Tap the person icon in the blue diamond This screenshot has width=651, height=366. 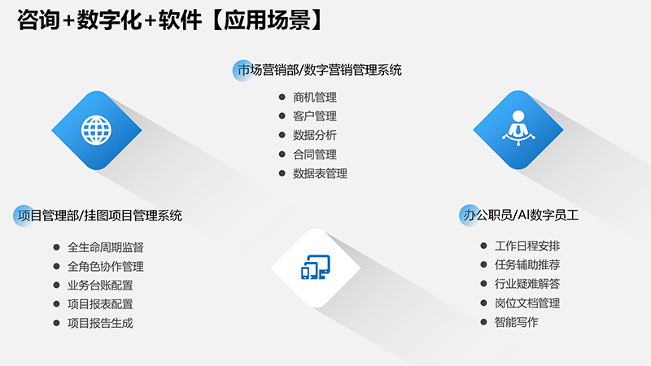tap(518, 128)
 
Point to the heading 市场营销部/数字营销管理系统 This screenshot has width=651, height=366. tap(318, 71)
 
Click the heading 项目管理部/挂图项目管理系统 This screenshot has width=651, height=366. tap(98, 216)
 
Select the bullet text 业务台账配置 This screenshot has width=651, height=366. tap(100, 285)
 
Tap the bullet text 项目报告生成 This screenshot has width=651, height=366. tap(100, 323)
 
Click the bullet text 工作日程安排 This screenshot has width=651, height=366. tap(527, 246)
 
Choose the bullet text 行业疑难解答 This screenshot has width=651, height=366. tap(527, 284)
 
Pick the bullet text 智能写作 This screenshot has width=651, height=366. tap(517, 322)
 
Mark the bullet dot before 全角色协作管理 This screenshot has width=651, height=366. tap(56, 267)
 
